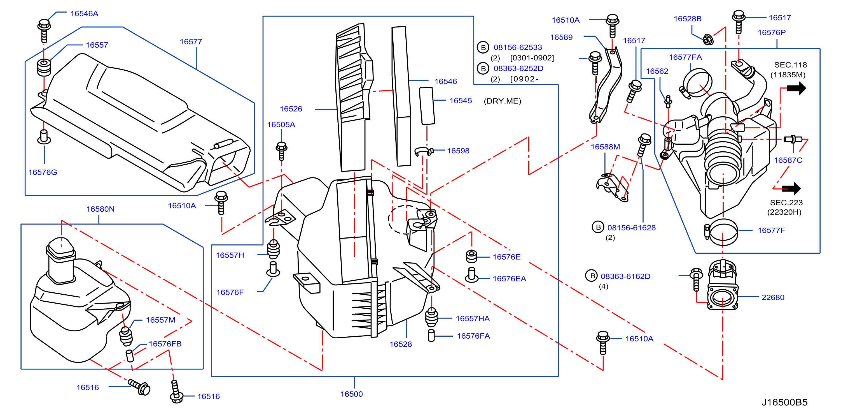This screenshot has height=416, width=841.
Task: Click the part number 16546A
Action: pyautogui.click(x=84, y=14)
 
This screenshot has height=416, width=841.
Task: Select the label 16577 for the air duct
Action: pyautogui.click(x=191, y=42)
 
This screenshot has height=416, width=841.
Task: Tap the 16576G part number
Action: pyautogui.click(x=43, y=172)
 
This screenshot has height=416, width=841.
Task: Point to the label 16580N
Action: pyautogui.click(x=100, y=209)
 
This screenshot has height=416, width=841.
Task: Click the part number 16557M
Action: pyautogui.click(x=160, y=320)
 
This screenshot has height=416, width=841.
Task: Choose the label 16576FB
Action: pyautogui.click(x=165, y=344)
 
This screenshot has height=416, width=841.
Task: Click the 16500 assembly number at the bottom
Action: pyautogui.click(x=352, y=394)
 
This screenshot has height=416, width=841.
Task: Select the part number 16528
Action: pyautogui.click(x=401, y=344)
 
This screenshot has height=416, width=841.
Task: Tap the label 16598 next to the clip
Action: pyautogui.click(x=458, y=151)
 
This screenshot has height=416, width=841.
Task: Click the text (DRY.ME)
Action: pyautogui.click(x=503, y=101)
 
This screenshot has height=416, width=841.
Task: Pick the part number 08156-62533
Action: pyautogui.click(x=518, y=47)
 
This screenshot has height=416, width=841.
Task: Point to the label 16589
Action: pyautogui.click(x=561, y=37)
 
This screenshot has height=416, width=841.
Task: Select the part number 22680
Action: pyautogui.click(x=773, y=297)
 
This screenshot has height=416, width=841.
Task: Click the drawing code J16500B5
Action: pyautogui.click(x=784, y=402)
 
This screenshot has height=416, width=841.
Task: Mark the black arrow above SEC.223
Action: pyautogui.click(x=791, y=189)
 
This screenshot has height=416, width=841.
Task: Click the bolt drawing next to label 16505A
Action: pyautogui.click(x=281, y=151)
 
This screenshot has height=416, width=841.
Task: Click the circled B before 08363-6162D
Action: pyautogui.click(x=592, y=276)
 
